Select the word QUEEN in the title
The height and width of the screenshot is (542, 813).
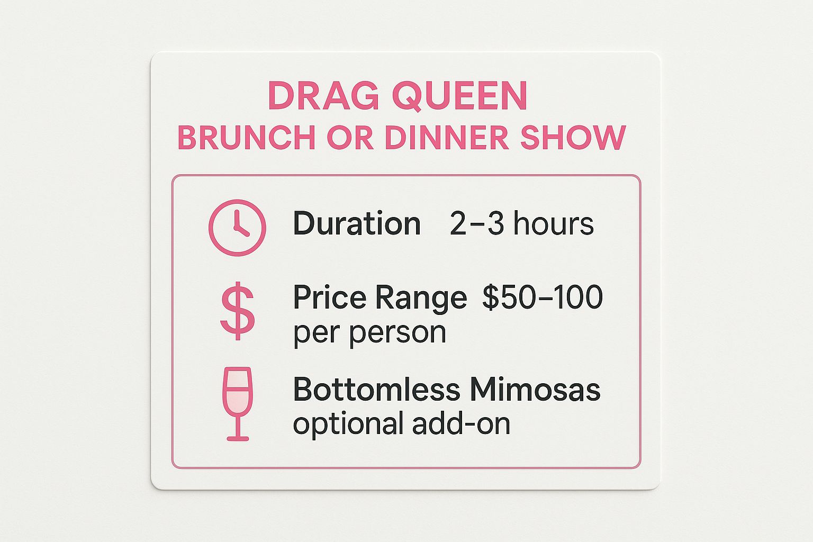coord(459,96)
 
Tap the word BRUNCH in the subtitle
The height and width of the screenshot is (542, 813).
coord(246,138)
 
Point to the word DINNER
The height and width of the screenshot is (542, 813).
coord(447,138)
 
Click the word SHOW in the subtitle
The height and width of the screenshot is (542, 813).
coord(573,138)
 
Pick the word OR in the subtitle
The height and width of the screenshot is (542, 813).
coord(349,138)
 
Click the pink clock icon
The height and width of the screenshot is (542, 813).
coord(237,228)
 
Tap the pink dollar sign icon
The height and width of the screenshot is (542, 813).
coord(237,311)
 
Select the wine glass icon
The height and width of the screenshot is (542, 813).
coord(238,403)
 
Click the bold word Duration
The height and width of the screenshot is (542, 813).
coord(357,224)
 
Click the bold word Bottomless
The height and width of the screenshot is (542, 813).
coord(376,390)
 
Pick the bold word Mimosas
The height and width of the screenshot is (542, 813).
coord(535,390)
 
